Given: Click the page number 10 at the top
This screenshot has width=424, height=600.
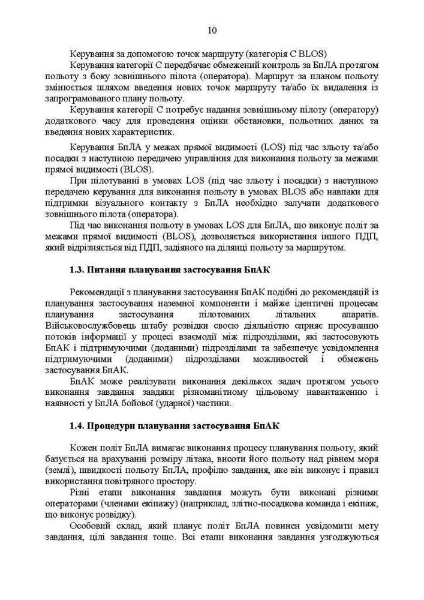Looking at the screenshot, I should (212, 31).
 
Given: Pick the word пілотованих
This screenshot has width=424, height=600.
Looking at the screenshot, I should (215, 314).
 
